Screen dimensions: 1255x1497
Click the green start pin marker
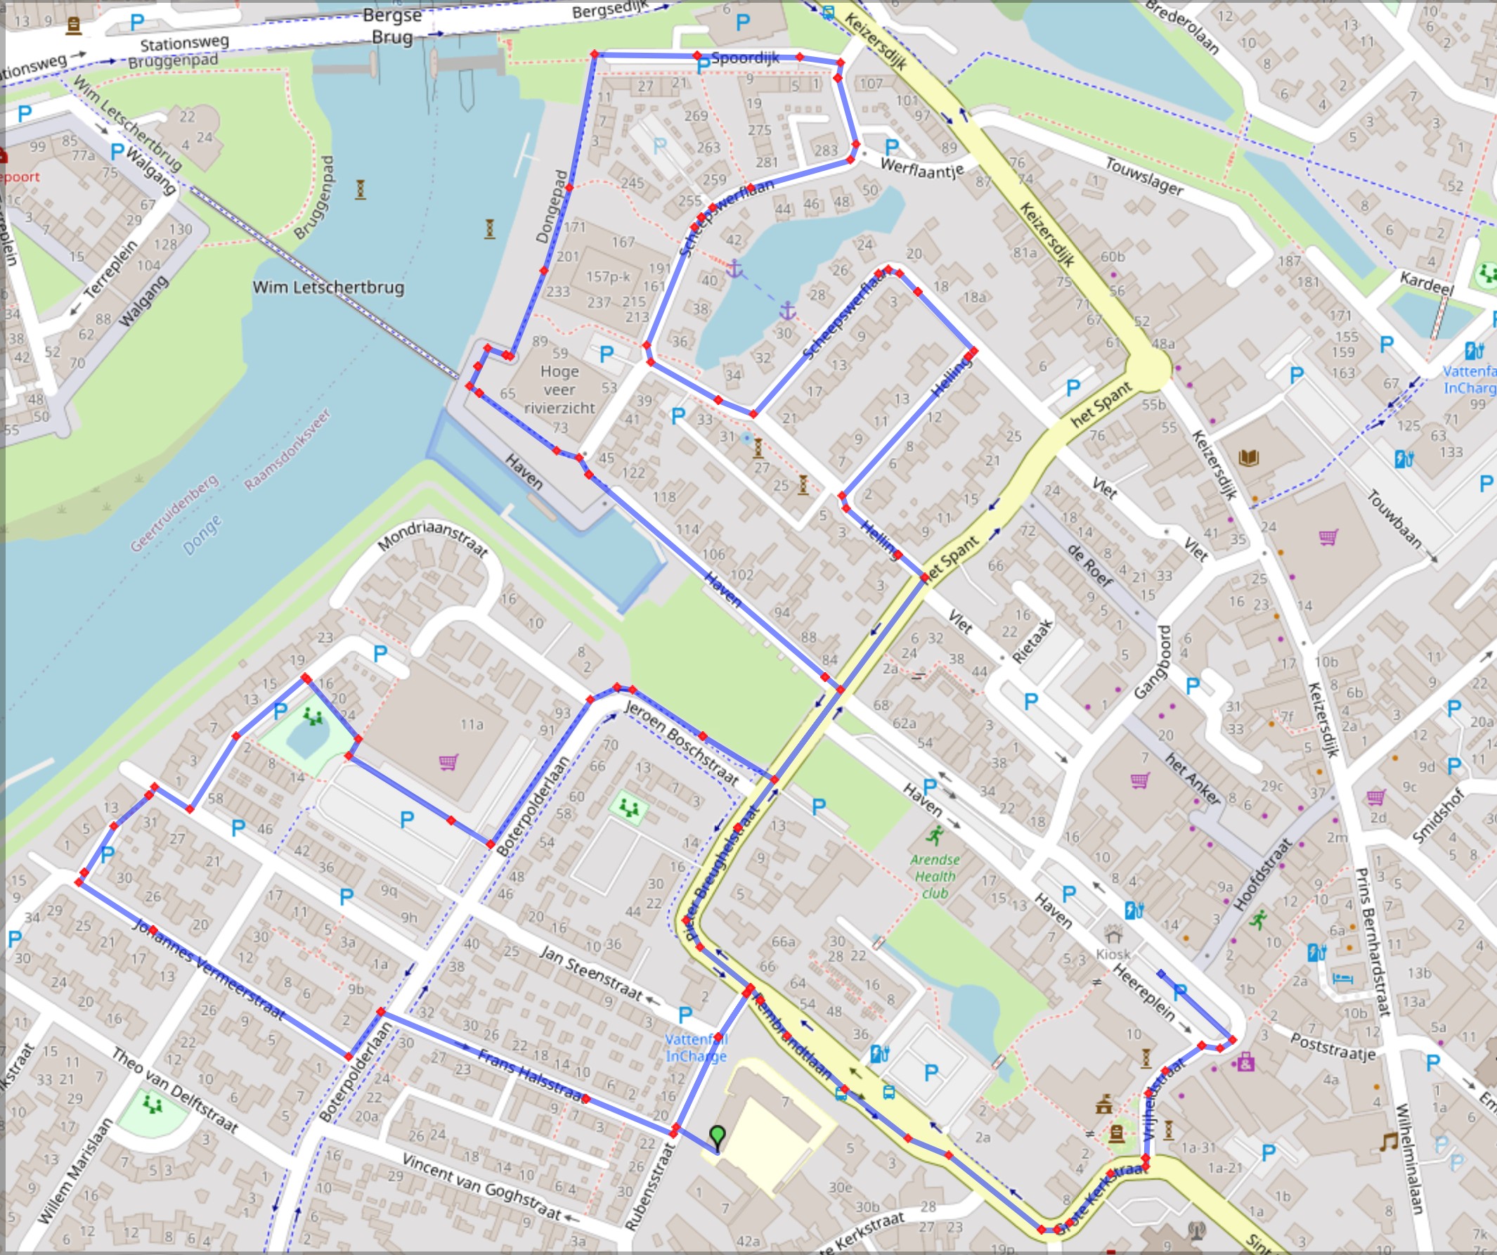[x=717, y=1135]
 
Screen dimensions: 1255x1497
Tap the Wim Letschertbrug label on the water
[x=328, y=288]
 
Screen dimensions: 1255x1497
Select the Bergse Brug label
[x=391, y=26]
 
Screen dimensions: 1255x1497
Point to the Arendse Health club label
[x=935, y=876]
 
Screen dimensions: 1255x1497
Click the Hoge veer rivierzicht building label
[x=559, y=390]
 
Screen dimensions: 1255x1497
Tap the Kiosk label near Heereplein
[x=1113, y=953]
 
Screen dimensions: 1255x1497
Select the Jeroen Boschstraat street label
[x=681, y=742]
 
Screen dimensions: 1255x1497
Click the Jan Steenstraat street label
[x=591, y=972]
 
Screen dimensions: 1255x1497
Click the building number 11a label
[x=472, y=724]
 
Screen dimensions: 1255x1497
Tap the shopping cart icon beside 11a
[x=448, y=762]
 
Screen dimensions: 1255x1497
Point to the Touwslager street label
[x=1144, y=176]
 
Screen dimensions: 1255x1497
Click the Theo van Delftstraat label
[x=174, y=1090]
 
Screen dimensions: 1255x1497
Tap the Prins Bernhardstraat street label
[x=1372, y=941]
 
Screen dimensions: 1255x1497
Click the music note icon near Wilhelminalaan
[x=1387, y=1143]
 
